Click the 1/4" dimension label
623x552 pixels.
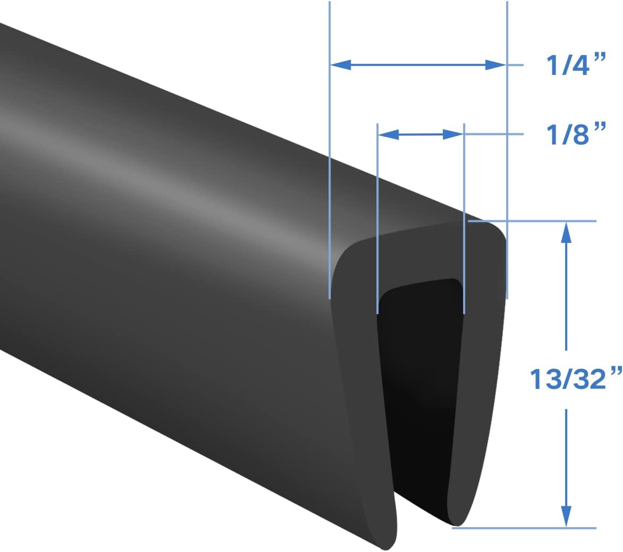tap(576, 65)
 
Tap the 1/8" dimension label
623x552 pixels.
tap(576, 134)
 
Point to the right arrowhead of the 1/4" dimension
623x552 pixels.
tap(495, 65)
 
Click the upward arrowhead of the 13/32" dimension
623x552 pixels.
tap(567, 232)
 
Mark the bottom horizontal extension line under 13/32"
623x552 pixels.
tap(526, 528)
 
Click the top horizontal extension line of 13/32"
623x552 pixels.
tap(532, 220)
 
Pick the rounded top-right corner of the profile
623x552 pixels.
tap(497, 231)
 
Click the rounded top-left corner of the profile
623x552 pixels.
tap(343, 255)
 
